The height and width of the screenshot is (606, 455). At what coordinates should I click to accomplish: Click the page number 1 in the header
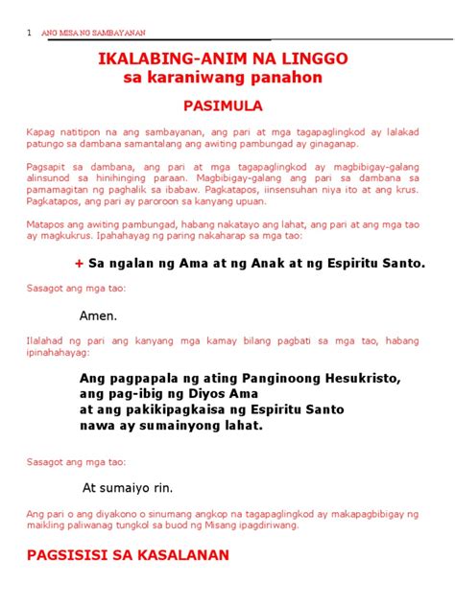point(31,34)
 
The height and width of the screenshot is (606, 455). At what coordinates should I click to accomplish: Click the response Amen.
point(99,315)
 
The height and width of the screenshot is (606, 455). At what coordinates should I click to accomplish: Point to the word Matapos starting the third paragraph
point(47,222)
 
